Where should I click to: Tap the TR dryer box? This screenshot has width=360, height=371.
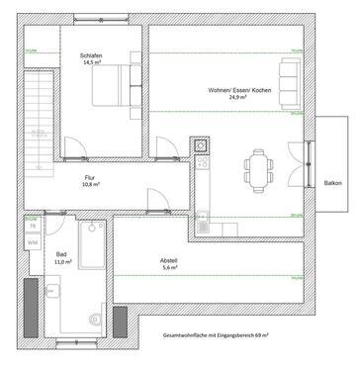point(33,227)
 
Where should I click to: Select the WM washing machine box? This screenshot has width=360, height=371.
point(33,241)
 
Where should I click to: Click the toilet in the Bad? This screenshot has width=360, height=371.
point(93,318)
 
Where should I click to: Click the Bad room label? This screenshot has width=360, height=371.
point(61,253)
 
